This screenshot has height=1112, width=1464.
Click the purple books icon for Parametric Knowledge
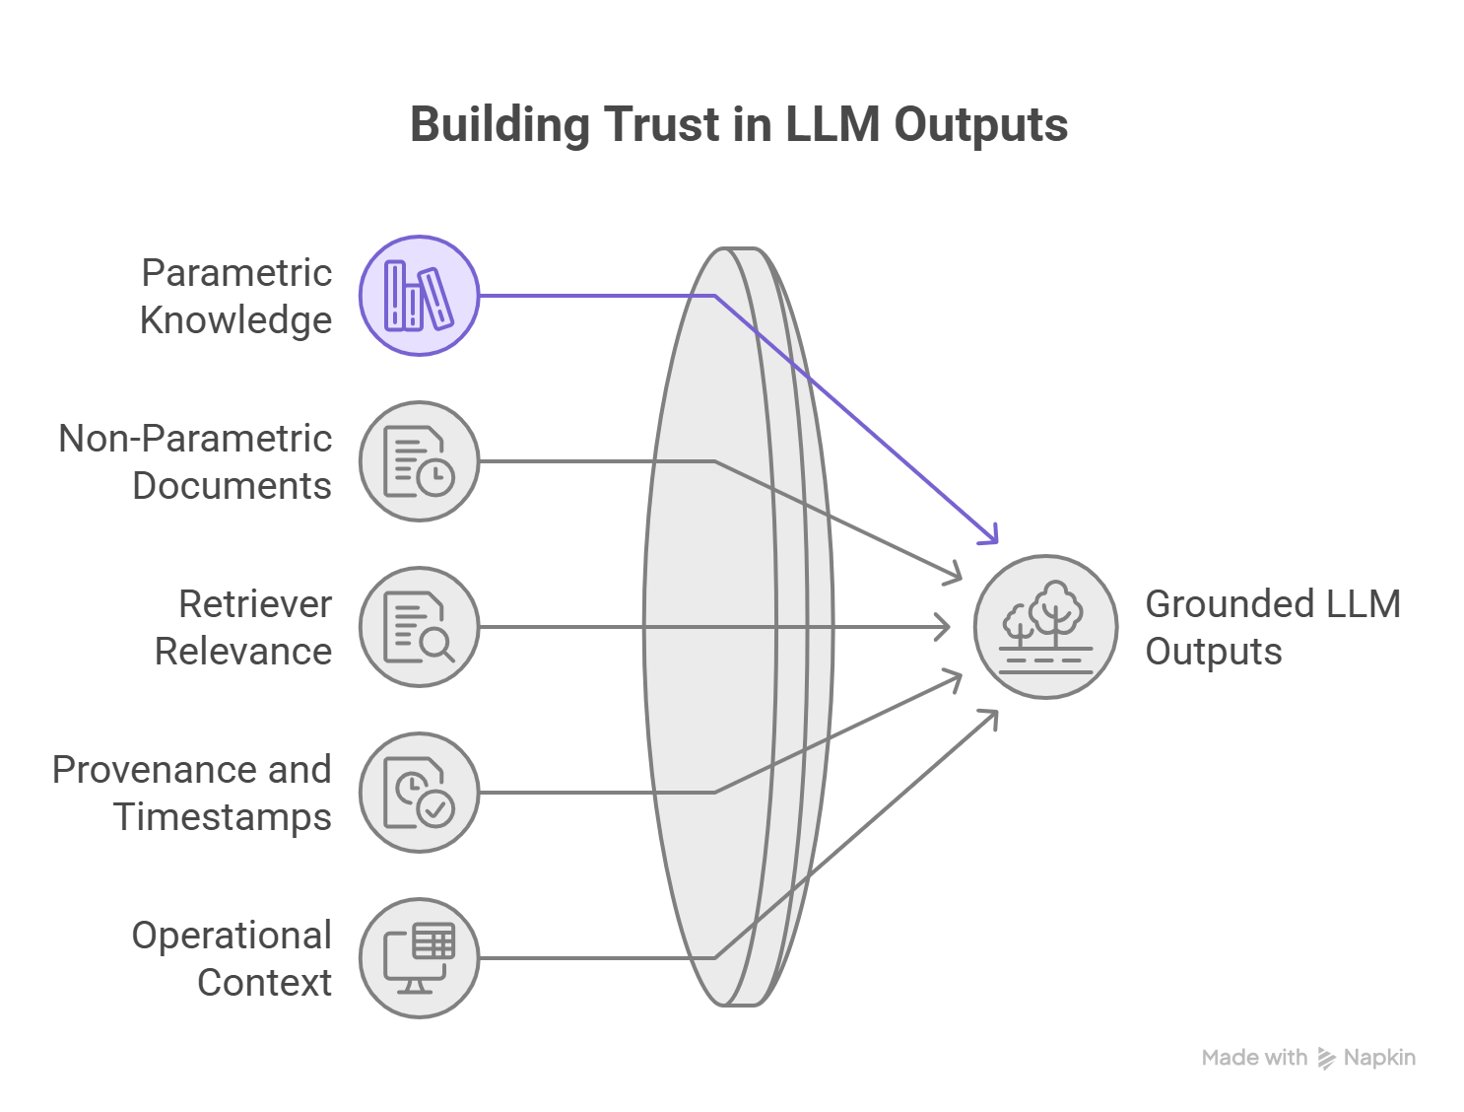click(419, 295)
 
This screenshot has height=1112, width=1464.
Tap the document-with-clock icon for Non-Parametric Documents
click(419, 460)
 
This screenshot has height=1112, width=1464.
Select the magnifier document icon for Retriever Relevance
click(419, 626)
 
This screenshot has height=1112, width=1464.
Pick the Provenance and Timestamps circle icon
click(419, 792)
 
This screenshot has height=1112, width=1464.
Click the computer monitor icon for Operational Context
click(419, 957)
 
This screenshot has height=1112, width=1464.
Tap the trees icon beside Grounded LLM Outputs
click(1046, 626)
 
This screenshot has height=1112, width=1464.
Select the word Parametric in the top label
click(235, 272)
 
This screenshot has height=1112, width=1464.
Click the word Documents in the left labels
click(232, 485)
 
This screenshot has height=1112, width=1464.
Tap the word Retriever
click(254, 603)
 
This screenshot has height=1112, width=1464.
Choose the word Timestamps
click(223, 816)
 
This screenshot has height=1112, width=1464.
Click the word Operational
click(231, 935)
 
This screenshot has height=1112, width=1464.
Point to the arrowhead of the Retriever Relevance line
click(947, 626)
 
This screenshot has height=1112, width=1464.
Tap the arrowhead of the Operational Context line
click(991, 717)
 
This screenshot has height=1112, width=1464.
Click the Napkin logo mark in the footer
click(1326, 1059)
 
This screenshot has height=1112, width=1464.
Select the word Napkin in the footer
click(1379, 1058)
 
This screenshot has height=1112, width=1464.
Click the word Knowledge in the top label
click(235, 319)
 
